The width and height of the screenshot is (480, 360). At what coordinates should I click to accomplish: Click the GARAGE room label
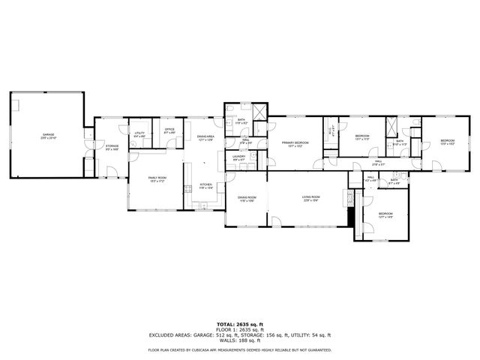[x=48, y=136]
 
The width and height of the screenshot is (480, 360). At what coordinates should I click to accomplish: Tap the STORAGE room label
[x=112, y=147]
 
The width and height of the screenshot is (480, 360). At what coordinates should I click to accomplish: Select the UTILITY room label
[x=139, y=134]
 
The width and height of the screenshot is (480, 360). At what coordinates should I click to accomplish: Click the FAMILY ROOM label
[x=157, y=179]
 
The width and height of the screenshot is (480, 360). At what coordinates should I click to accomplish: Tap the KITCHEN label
[x=205, y=185]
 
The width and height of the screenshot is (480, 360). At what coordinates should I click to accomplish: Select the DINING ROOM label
[x=247, y=199]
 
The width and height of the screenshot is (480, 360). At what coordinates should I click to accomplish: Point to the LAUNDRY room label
[x=238, y=158]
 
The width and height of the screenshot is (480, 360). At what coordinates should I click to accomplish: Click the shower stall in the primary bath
[x=259, y=112]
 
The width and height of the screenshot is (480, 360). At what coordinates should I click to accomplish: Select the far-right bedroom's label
[x=447, y=141]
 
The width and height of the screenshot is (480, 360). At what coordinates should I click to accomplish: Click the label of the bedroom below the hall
[x=385, y=215]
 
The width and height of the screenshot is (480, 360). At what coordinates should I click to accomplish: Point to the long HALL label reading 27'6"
[x=379, y=161]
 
